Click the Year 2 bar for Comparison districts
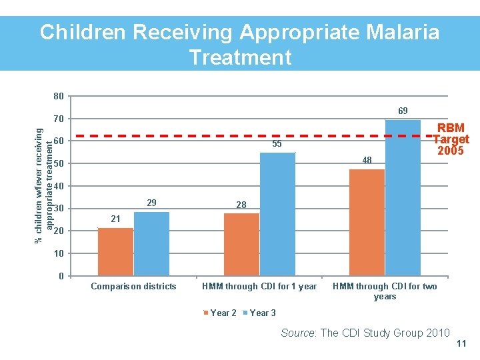point(115,252)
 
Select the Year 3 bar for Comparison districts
point(151,244)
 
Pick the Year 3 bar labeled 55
point(277,214)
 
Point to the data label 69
point(403,110)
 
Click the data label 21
point(116,219)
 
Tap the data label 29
point(151,203)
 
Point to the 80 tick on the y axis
point(59,97)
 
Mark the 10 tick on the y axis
point(59,254)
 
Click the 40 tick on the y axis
point(59,187)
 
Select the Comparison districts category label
point(133,287)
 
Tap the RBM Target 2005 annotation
point(451,139)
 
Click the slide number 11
point(461,344)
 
